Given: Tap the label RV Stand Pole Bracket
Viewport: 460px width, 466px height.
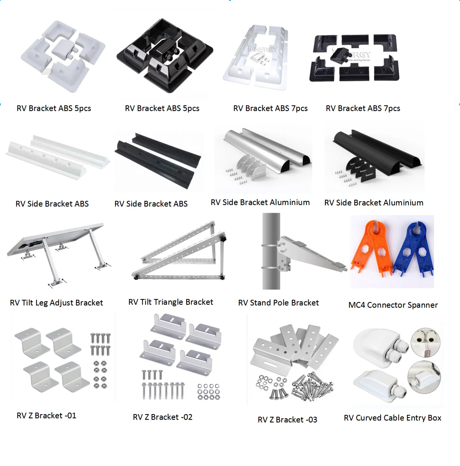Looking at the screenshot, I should (278, 303).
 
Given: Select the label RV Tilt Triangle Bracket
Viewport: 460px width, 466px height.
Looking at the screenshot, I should (171, 302).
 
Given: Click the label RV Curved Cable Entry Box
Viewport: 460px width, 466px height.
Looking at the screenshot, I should (392, 418).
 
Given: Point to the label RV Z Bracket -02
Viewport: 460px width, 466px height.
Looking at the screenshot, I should (162, 417).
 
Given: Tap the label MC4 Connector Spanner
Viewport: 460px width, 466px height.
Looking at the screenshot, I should (393, 305).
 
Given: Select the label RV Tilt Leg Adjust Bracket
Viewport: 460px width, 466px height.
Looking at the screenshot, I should (56, 303).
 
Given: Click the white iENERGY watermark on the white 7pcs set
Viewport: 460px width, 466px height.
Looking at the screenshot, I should (262, 49).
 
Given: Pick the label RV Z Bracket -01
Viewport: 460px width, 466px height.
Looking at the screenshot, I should (46, 416).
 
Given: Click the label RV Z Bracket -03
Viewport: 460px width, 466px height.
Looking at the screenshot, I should (287, 420).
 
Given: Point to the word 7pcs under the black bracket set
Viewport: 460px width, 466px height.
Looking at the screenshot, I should (392, 108).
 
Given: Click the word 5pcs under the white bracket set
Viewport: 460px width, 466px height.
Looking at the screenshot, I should (83, 108).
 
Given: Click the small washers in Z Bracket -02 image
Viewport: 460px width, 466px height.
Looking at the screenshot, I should (208, 392).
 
